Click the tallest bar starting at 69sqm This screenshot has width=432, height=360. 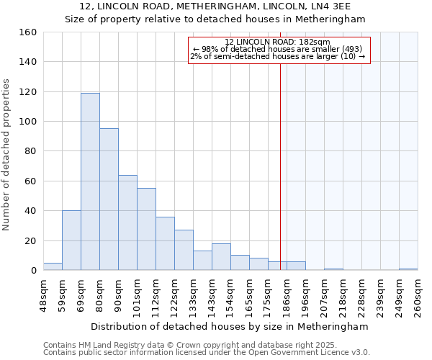click(x=90, y=181)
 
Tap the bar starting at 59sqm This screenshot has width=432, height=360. click(x=71, y=240)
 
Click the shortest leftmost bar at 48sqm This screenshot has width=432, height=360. click(x=53, y=266)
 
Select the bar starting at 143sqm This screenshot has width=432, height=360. click(x=221, y=257)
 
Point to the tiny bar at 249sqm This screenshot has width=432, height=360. click(x=408, y=269)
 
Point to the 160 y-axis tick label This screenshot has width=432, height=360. click(x=28, y=32)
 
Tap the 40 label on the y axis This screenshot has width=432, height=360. click(x=31, y=211)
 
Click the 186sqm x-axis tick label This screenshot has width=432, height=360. click(x=287, y=296)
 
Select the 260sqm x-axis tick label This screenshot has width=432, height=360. click(x=418, y=296)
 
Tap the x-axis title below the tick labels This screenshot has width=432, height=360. click(x=230, y=326)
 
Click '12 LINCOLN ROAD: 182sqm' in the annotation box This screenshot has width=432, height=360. click(x=277, y=42)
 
